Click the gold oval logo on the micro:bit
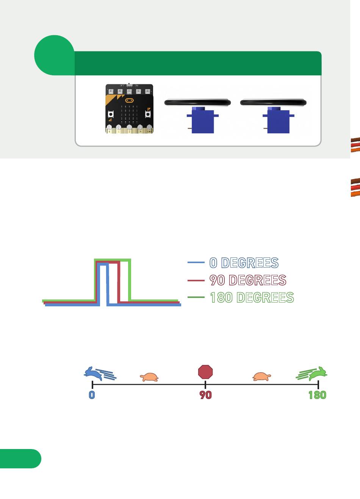[x=129, y=101]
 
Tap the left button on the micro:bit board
[x=111, y=114]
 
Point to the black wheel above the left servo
[x=197, y=102]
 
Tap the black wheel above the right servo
[x=273, y=102]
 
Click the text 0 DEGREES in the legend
[x=244, y=263]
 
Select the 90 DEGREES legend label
[x=248, y=280]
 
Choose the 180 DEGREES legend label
[x=252, y=298]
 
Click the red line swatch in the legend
[x=196, y=281]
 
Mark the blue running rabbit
[x=94, y=373]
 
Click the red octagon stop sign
[x=205, y=372]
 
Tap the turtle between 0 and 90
[x=149, y=377]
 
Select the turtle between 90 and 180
[x=261, y=376]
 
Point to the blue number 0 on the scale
[x=92, y=395]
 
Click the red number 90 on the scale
[x=205, y=395]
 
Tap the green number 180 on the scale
[x=317, y=395]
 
